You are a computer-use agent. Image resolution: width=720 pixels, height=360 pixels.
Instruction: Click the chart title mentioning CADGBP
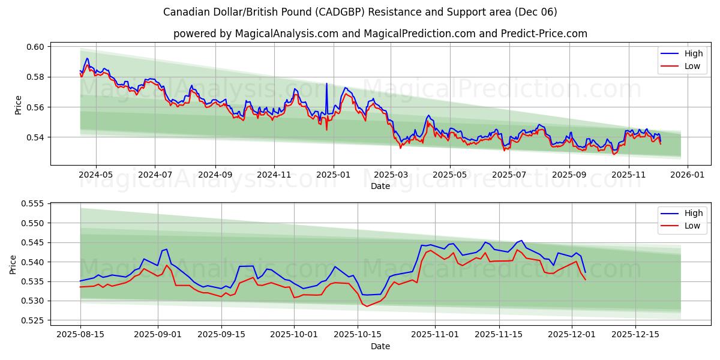[x=360, y=12]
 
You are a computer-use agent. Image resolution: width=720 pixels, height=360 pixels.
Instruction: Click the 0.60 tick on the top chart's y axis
[x=37, y=47]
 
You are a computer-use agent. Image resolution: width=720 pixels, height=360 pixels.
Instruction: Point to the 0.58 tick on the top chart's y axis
[x=37, y=77]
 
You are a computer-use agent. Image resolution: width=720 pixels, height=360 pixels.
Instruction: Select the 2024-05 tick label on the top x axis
[x=96, y=175]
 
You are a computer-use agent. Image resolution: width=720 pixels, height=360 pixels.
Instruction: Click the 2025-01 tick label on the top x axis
[x=332, y=175]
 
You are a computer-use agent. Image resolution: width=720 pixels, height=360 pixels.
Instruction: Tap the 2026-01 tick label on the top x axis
[x=687, y=175]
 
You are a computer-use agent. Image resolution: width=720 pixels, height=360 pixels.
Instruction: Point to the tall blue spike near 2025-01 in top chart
[x=326, y=84]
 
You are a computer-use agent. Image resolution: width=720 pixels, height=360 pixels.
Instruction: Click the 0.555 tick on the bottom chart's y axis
[x=35, y=204]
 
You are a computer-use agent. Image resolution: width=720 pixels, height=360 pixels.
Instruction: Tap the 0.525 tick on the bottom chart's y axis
[x=35, y=320]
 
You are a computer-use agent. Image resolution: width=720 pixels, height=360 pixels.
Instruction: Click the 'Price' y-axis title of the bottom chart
[x=13, y=264]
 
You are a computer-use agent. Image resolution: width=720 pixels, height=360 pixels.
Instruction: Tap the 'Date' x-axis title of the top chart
[x=380, y=186]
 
